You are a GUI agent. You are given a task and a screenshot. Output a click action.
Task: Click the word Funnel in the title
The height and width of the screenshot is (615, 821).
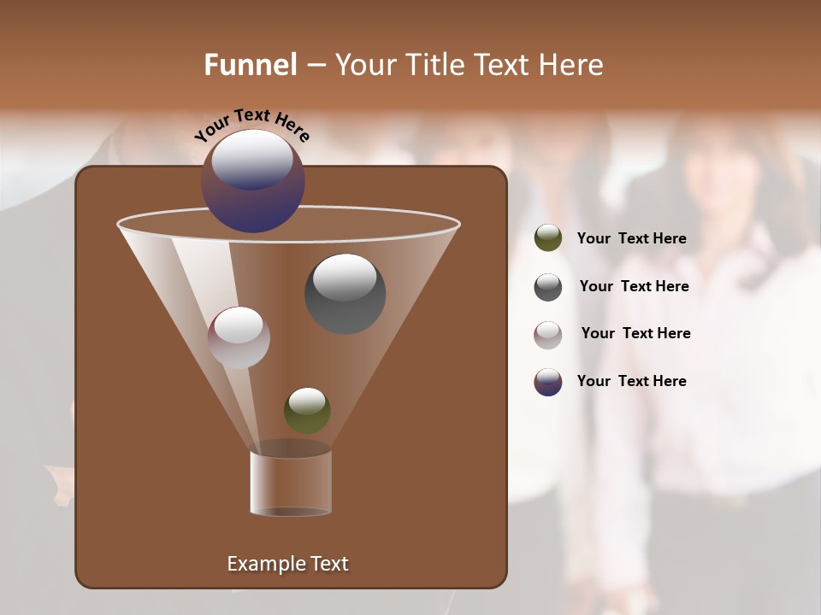coord(251,65)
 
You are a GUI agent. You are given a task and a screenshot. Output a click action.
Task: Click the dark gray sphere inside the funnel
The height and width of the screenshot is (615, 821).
coord(346,295)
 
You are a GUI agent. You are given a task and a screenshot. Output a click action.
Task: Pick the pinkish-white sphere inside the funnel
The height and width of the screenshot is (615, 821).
coord(239,338)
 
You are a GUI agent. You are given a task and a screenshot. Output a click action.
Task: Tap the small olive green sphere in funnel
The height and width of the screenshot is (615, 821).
coord(307,411)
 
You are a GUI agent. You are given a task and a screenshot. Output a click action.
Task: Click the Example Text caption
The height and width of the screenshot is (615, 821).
coord(287,564)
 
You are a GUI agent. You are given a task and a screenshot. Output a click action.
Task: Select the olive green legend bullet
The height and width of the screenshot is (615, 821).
coord(548,238)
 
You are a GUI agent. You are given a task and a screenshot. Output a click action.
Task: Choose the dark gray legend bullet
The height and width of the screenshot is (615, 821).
coord(548,287)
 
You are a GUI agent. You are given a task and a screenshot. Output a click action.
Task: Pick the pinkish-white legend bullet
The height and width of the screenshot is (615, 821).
coord(548,335)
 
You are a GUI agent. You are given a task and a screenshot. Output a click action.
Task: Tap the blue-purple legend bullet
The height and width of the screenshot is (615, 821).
coord(548,382)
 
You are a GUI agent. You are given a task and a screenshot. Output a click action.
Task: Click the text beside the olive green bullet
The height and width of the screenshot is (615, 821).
coord(631,239)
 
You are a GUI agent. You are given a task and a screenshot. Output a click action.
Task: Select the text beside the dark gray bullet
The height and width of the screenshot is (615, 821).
coord(634,287)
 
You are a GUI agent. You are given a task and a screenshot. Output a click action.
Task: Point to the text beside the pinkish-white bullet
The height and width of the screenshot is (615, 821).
coord(635,334)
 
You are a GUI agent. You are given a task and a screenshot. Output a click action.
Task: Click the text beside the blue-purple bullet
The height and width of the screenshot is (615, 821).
coord(631,382)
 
